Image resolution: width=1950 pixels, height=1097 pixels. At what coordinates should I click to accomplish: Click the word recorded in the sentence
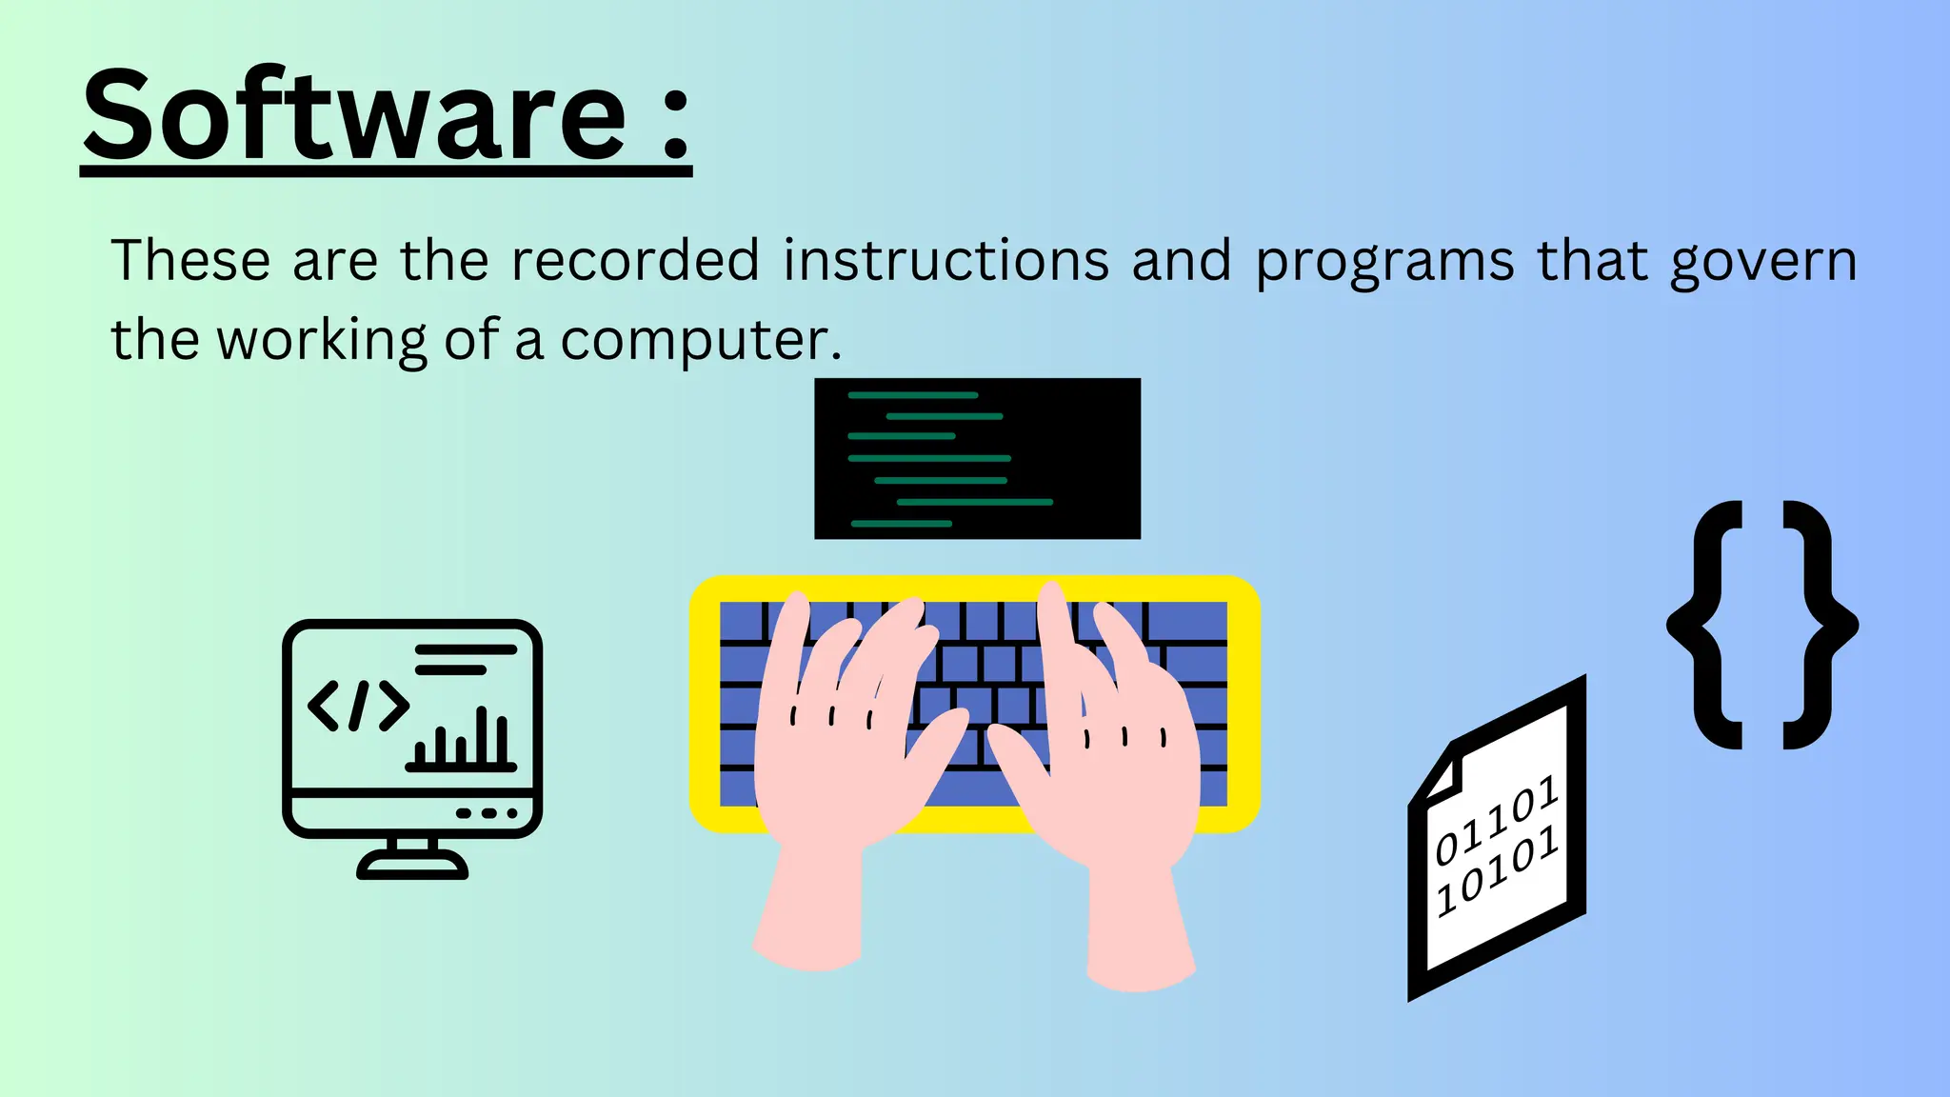point(635,260)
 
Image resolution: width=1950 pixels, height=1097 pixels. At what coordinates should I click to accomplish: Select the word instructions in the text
point(946,260)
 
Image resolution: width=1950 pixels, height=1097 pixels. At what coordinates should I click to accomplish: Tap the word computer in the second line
point(700,341)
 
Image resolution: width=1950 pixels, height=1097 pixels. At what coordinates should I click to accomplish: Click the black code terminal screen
point(977,458)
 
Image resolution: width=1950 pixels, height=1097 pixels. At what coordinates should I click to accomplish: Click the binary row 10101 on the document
point(1496,869)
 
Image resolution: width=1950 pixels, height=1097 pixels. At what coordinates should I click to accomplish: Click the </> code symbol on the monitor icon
point(358,706)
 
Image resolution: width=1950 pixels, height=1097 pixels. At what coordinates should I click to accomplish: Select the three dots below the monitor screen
point(487,813)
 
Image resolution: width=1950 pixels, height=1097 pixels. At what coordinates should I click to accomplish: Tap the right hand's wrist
point(1138,914)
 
